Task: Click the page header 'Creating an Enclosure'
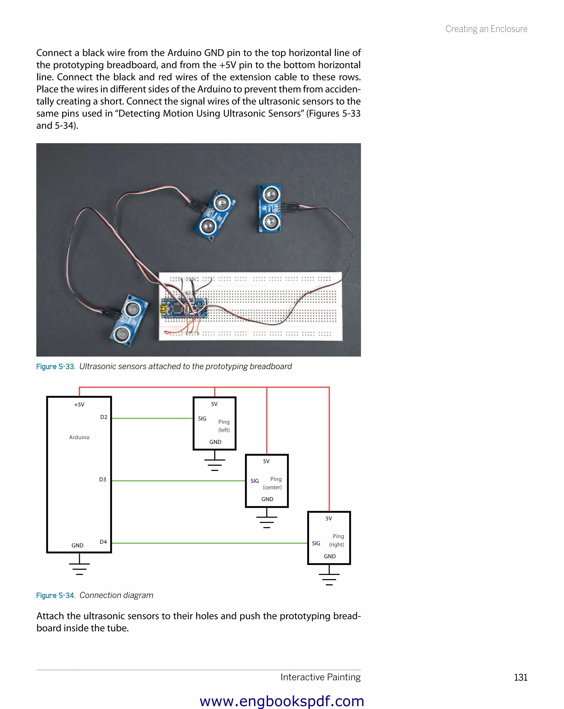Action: click(x=486, y=29)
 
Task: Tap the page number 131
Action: click(x=520, y=677)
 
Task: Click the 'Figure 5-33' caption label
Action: click(x=56, y=367)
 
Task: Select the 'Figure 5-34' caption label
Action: click(x=56, y=596)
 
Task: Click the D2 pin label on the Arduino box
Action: click(x=104, y=417)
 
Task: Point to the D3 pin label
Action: click(x=103, y=479)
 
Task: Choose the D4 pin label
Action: click(x=103, y=542)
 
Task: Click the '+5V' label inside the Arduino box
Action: click(x=79, y=405)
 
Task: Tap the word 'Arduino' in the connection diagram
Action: click(x=79, y=437)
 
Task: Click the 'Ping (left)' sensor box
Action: click(x=215, y=424)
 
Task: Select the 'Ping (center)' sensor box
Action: click(x=267, y=481)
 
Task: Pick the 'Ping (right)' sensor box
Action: click(x=329, y=538)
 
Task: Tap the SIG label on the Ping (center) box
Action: click(x=254, y=481)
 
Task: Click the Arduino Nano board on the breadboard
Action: click(x=184, y=309)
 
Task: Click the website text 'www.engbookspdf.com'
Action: click(x=282, y=701)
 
